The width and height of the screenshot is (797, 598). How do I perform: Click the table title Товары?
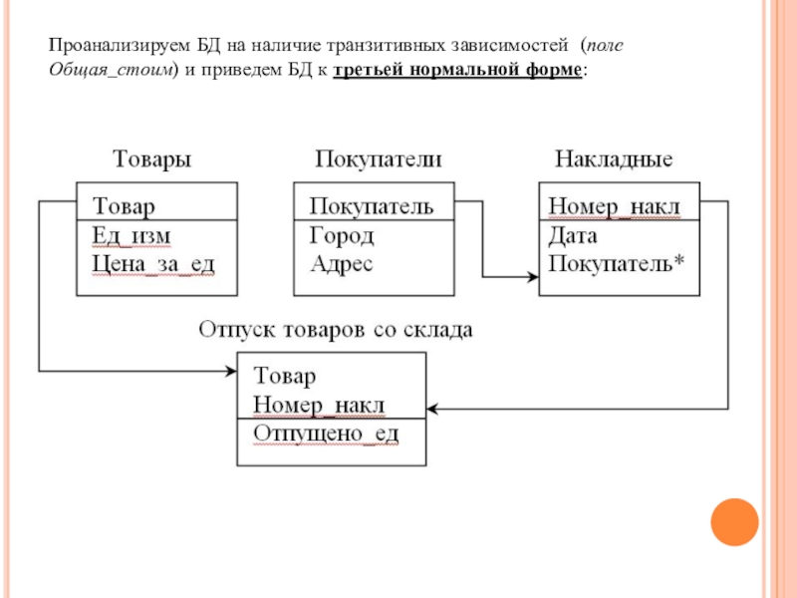(151, 159)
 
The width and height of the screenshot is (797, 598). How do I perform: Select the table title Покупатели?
(379, 159)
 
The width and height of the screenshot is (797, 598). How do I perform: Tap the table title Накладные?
(613, 159)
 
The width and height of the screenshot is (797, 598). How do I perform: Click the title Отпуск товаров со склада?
(336, 329)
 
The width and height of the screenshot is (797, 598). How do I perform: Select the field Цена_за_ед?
(153, 263)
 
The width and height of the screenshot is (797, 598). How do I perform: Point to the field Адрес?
(342, 263)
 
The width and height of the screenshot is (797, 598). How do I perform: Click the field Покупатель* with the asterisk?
(610, 263)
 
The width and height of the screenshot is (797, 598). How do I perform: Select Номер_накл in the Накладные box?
(614, 206)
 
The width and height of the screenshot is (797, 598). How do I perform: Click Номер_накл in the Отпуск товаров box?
(319, 405)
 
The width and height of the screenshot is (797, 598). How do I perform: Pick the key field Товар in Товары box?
(125, 206)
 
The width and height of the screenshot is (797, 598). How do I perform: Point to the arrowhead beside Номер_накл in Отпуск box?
(434, 408)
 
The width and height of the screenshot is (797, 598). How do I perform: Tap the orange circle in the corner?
(734, 519)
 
